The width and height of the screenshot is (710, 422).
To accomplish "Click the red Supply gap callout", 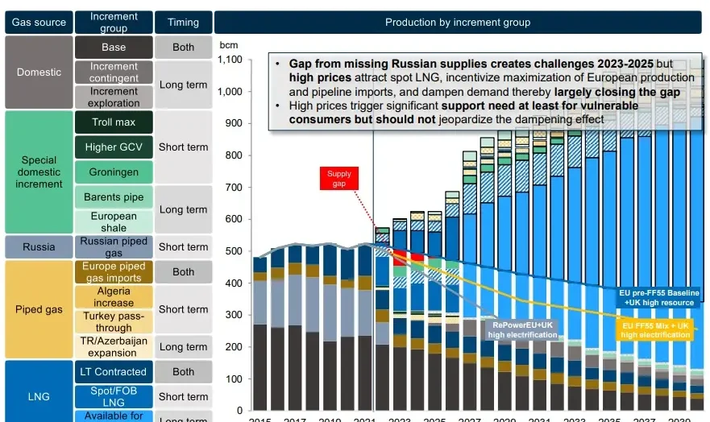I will click(339, 179).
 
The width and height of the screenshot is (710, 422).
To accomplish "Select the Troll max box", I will click(114, 122).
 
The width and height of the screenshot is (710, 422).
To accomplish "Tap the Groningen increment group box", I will click(114, 172).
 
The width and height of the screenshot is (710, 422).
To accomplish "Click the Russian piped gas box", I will click(114, 247).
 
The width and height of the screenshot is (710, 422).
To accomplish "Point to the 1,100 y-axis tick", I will click(230, 60).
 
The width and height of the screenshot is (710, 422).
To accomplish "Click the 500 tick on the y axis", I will click(235, 251).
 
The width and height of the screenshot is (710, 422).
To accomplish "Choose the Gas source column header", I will click(39, 23).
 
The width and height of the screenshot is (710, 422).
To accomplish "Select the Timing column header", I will click(183, 23).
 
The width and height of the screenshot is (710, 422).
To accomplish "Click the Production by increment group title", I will click(458, 23).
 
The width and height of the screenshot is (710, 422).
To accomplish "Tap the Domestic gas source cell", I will click(39, 72).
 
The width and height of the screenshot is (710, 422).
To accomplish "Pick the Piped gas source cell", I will click(39, 310).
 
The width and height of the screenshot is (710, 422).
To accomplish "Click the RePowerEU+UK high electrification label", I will click(521, 329).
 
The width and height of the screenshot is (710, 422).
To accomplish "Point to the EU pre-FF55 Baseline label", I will click(659, 297).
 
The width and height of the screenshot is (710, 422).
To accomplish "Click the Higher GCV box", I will click(114, 147).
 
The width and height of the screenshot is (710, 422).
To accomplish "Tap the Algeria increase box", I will click(114, 297).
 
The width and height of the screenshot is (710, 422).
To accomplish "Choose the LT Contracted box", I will click(114, 372).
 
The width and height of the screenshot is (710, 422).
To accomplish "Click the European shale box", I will click(114, 221).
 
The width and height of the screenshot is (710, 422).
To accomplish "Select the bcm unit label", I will click(228, 41).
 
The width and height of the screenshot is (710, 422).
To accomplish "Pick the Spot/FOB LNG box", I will click(114, 396).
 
